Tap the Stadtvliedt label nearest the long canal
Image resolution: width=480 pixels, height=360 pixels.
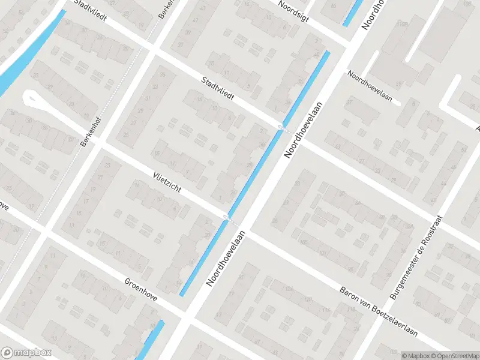(x=218, y=88)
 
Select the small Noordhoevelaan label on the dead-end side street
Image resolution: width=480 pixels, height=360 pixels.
(x=374, y=87)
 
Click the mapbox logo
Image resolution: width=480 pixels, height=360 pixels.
(x=26, y=353)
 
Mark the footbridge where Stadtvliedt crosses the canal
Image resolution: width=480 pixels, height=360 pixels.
(x=281, y=125)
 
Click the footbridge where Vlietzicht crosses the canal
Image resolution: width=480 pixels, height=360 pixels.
(x=226, y=217)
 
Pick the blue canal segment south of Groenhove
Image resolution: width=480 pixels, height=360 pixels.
(x=152, y=340)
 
